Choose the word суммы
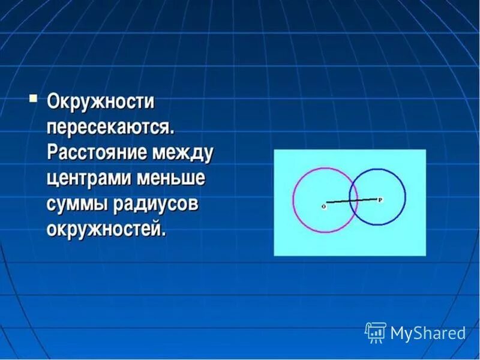(76, 204)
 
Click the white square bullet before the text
(34, 97)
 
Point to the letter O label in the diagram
(323, 206)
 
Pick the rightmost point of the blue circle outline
(406, 197)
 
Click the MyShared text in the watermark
(428, 332)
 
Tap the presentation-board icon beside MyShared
(375, 332)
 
